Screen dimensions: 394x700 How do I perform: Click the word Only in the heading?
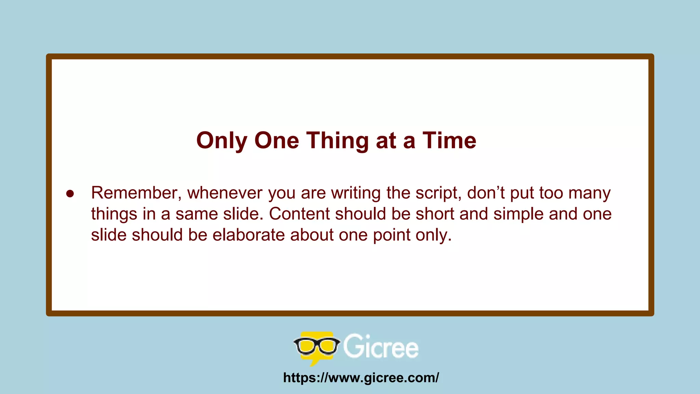pos(222,141)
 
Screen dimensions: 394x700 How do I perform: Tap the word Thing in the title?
pos(337,141)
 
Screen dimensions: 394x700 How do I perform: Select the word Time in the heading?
pos(449,141)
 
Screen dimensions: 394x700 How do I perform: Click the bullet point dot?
pos(70,194)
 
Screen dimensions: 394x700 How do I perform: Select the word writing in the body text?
pos(356,193)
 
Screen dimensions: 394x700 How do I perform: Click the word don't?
pos(486,193)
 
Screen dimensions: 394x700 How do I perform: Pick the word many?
pos(590,194)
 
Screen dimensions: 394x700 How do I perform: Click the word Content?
pos(299,214)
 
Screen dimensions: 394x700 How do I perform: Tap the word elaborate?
pos(248,235)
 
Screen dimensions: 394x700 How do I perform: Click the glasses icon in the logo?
pos(317,346)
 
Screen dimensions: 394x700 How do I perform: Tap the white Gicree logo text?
pos(381,347)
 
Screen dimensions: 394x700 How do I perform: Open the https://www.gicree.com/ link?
pos(361,378)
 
